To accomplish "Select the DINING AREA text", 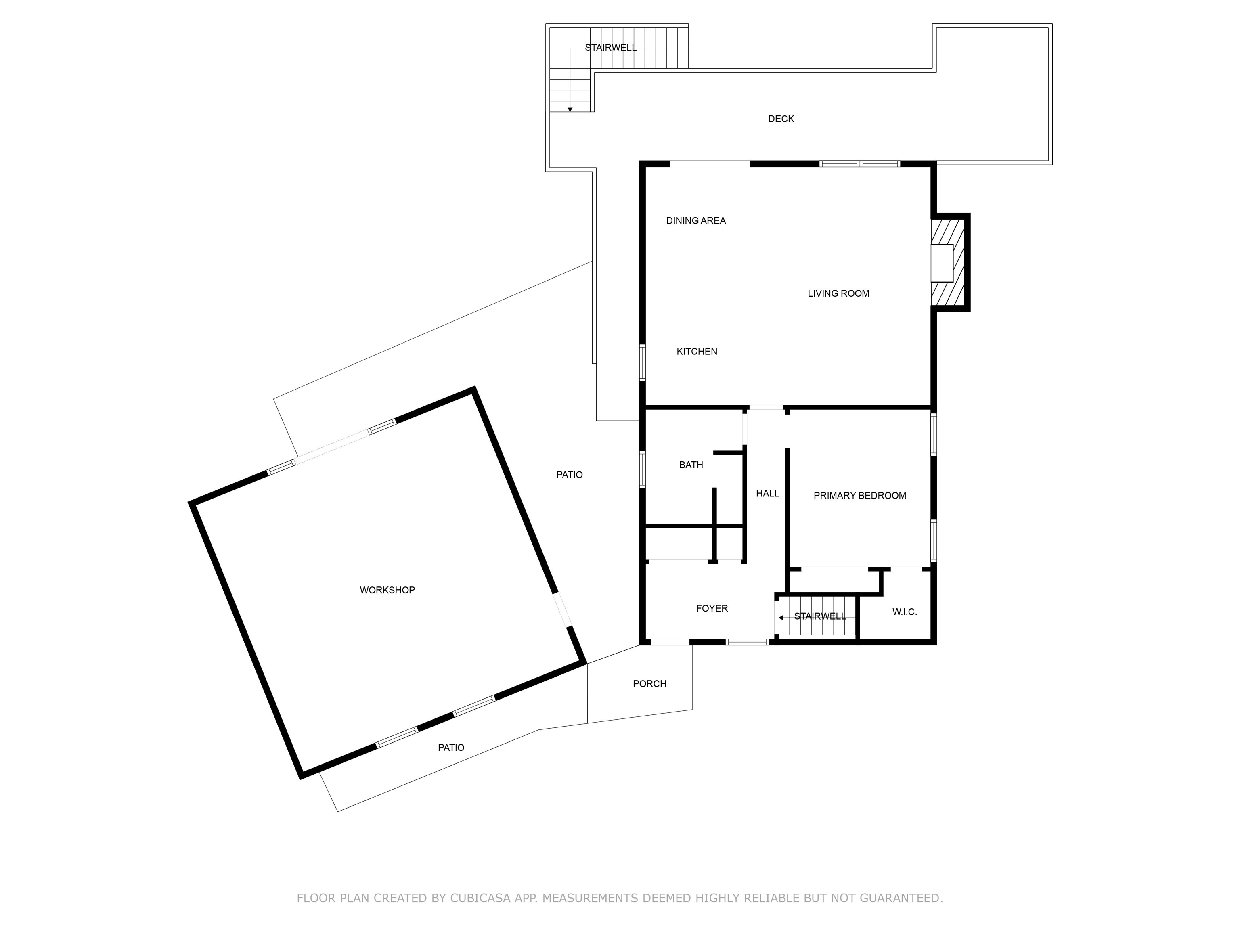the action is click(x=695, y=221).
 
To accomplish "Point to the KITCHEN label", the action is click(x=697, y=352).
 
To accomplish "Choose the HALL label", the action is click(x=767, y=493).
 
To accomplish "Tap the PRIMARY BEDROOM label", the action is click(x=859, y=496).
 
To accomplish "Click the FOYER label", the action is click(x=712, y=608).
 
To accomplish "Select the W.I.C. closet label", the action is click(x=905, y=612).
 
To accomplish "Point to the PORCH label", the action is click(x=650, y=684).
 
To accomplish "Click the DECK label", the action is click(x=781, y=119).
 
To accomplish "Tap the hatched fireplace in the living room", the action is click(x=947, y=263).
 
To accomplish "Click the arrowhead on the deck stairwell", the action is click(x=570, y=109).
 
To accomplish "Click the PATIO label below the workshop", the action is click(x=451, y=748).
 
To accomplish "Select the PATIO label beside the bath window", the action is click(x=570, y=475).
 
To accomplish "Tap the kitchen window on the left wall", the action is click(x=643, y=363).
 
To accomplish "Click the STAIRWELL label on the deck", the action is click(x=611, y=48).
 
